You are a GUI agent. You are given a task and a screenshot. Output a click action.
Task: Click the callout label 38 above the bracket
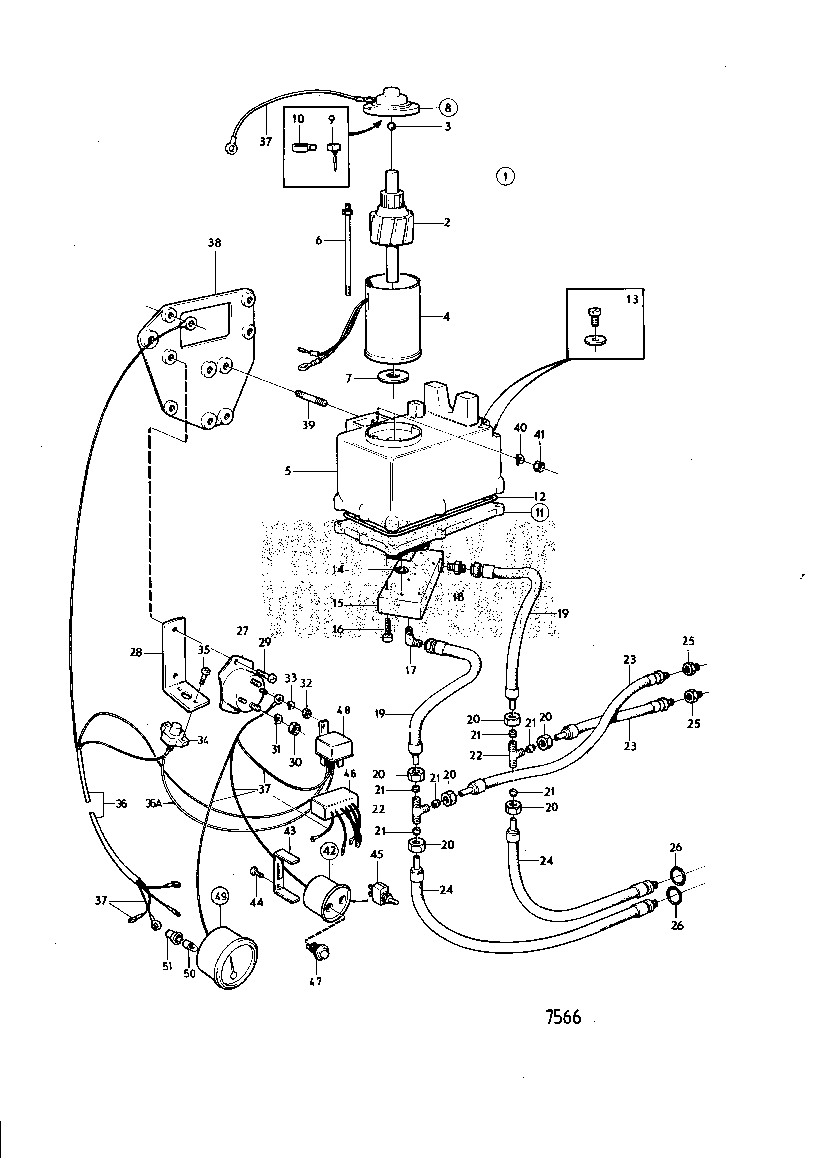tap(215, 243)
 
